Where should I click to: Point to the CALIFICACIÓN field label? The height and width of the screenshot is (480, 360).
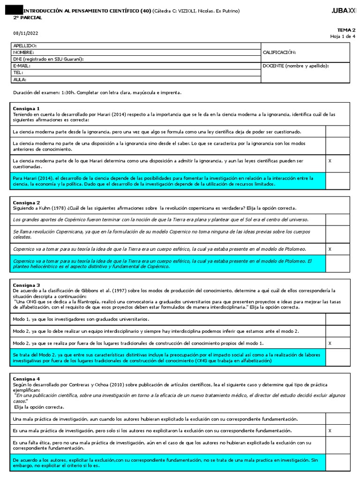(279, 52)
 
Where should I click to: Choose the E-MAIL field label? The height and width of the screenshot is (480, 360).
(22, 66)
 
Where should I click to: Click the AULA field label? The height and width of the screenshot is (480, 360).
(20, 79)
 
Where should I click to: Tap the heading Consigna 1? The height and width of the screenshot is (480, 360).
(26, 108)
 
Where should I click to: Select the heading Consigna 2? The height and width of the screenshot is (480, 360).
(26, 202)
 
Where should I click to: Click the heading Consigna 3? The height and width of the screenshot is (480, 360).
(26, 285)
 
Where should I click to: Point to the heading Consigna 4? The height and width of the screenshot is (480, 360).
(26, 379)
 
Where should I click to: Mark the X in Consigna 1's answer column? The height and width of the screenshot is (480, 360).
(330, 161)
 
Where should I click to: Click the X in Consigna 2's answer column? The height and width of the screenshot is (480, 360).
(330, 249)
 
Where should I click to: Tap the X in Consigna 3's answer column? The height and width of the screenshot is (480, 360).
(330, 343)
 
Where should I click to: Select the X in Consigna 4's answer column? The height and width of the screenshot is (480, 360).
(330, 430)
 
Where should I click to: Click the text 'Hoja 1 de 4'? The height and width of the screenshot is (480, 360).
(343, 36)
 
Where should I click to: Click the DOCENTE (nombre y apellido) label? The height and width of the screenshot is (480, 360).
(295, 66)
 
